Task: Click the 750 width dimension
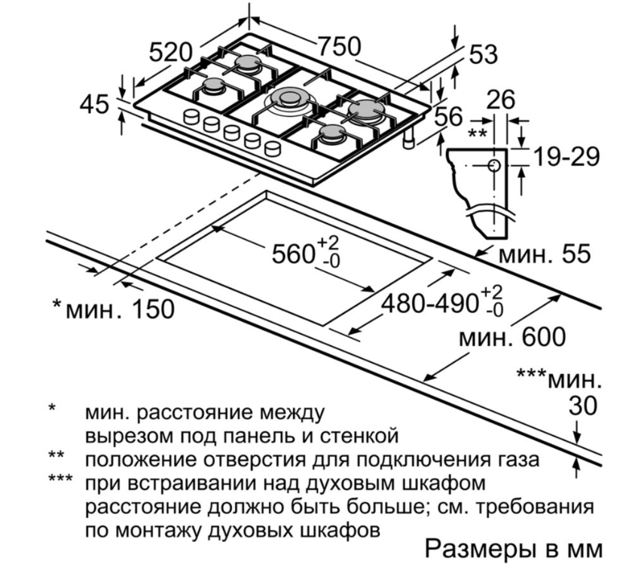[x=337, y=47]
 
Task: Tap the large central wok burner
[x=288, y=99]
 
